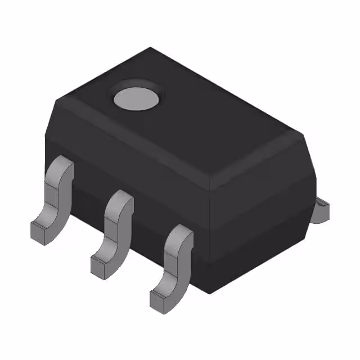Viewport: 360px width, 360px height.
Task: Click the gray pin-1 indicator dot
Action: click(x=136, y=98)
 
